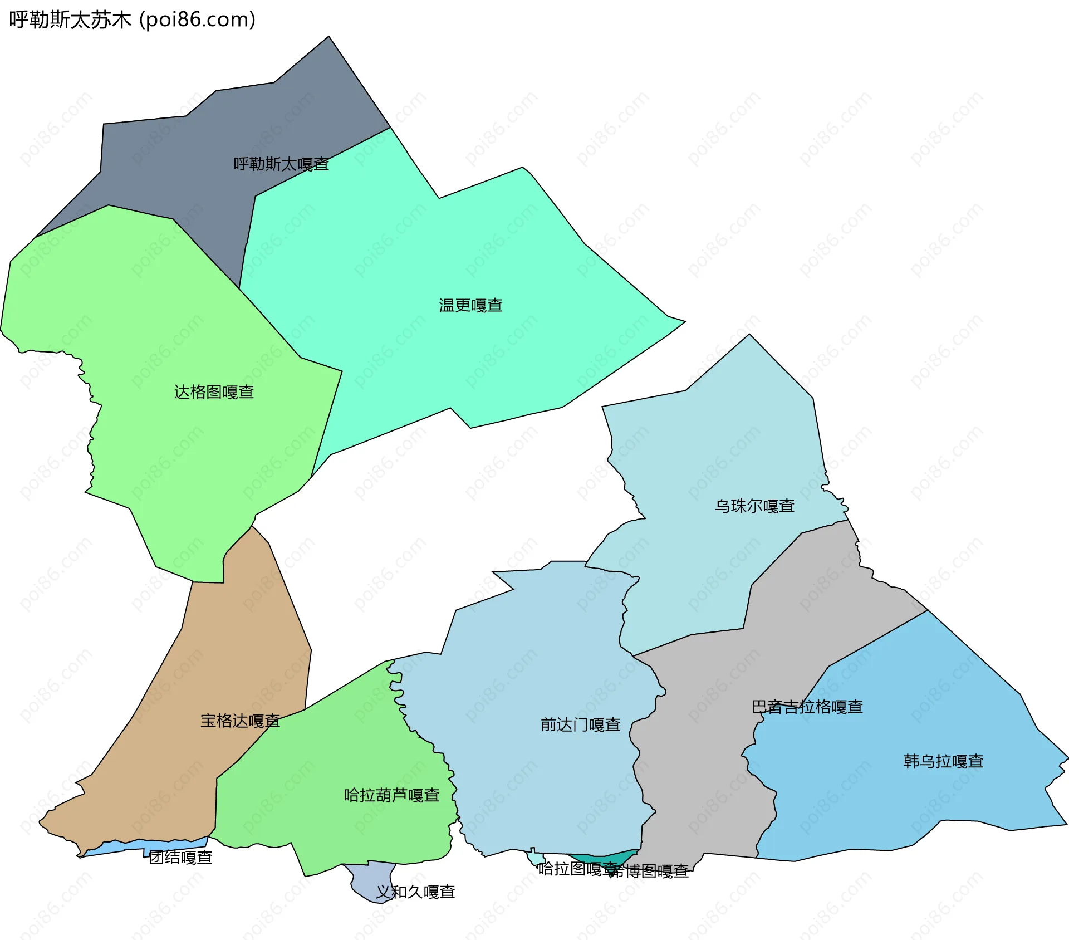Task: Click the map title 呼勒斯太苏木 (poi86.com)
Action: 133,19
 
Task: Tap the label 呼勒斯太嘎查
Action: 281,164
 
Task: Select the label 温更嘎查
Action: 470,305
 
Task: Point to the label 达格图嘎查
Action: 214,392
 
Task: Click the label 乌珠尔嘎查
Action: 754,506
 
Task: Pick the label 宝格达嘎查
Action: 240,721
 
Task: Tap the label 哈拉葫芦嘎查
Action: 391,795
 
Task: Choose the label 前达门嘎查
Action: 580,724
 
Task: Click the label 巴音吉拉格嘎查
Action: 807,707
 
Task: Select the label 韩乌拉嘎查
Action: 943,761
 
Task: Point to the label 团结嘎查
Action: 180,858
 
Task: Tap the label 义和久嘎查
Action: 415,892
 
